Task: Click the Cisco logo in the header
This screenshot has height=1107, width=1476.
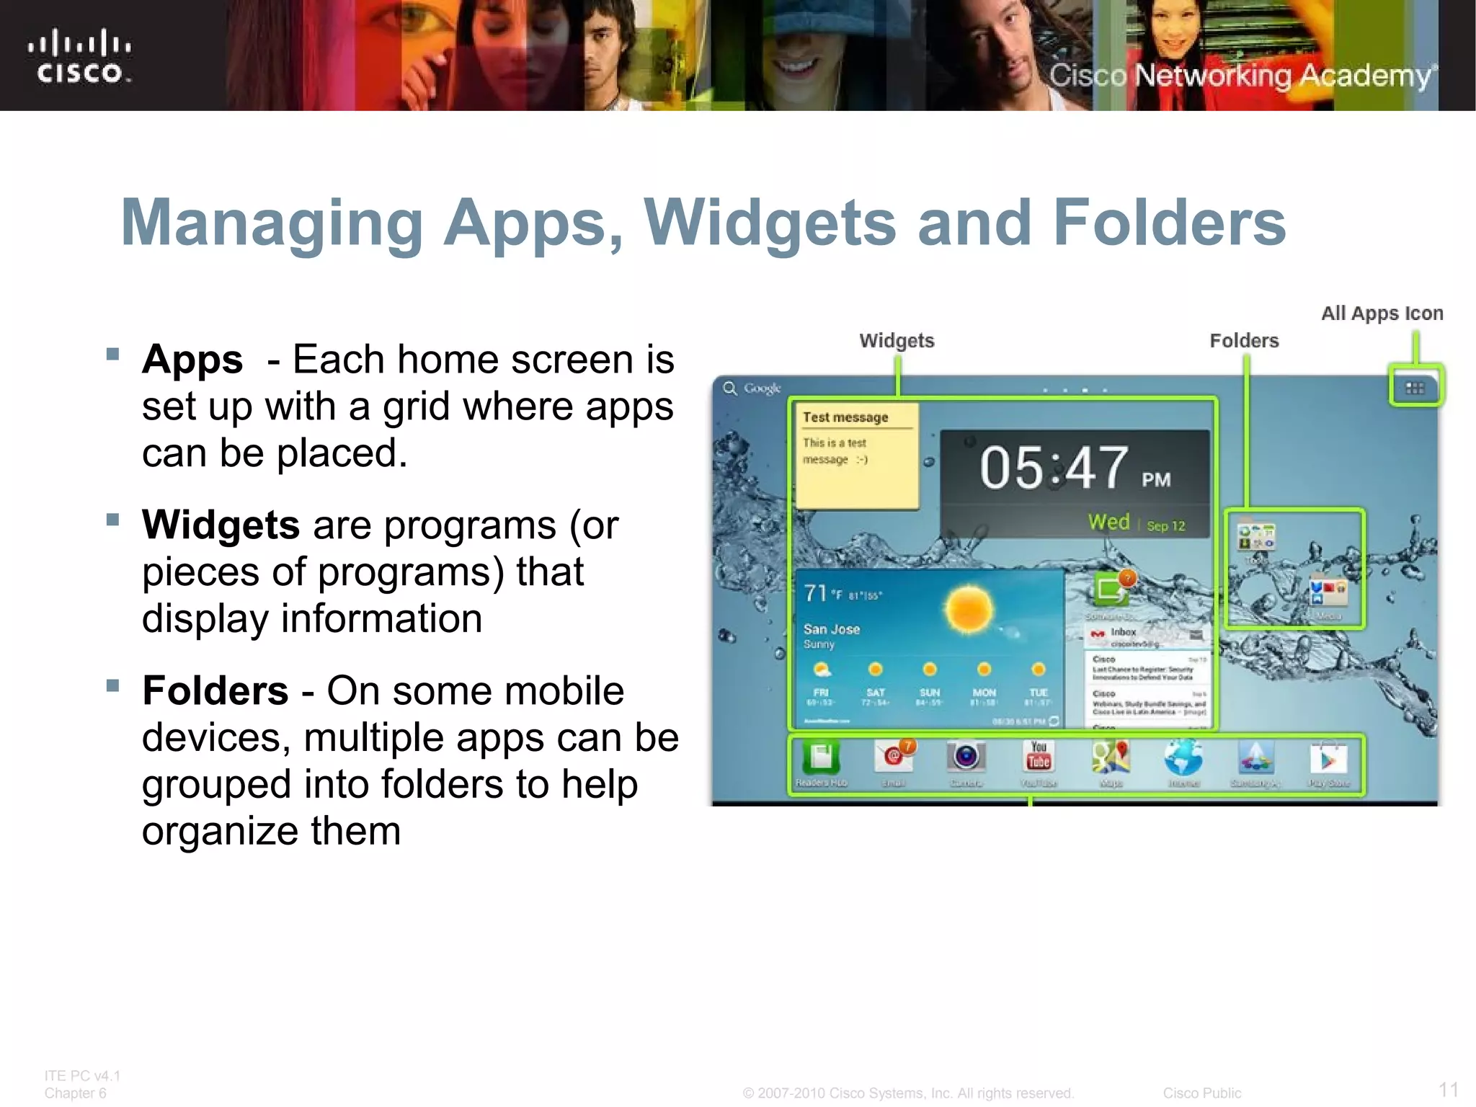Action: click(79, 57)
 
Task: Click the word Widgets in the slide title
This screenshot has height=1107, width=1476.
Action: click(769, 223)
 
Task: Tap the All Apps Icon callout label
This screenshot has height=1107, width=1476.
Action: click(1382, 314)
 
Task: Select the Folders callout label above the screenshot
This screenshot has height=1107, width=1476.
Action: click(1244, 341)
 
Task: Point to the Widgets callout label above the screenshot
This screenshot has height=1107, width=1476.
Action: click(897, 341)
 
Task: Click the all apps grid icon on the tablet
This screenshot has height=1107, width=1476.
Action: click(1415, 388)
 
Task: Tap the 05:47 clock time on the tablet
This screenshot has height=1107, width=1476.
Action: click(1054, 468)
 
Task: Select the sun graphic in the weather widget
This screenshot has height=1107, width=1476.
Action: click(969, 609)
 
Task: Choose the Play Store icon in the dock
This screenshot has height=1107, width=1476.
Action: click(1328, 759)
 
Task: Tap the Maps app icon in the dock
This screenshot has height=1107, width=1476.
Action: click(1111, 758)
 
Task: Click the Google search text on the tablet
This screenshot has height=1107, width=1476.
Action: click(762, 388)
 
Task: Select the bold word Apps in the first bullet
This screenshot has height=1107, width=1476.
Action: click(192, 360)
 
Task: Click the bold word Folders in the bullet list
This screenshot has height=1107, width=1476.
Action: click(215, 690)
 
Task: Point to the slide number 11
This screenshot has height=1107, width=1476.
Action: click(1449, 1089)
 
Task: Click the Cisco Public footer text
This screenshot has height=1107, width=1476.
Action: click(1201, 1093)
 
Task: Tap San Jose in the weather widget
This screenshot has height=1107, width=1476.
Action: click(832, 629)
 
